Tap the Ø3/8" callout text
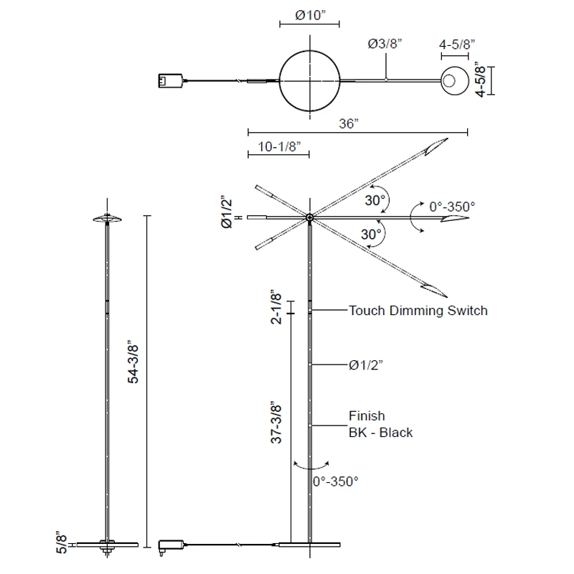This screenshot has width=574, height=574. (385, 44)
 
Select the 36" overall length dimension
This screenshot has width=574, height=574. (349, 123)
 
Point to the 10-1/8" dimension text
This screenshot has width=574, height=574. (278, 146)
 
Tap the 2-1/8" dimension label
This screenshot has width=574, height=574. (278, 307)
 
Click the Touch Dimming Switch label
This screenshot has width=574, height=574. (418, 311)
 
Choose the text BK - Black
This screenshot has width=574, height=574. (380, 433)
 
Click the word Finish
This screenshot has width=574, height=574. (367, 416)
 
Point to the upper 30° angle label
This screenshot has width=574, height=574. (375, 200)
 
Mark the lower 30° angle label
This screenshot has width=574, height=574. (370, 234)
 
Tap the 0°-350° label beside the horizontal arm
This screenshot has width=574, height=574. (452, 207)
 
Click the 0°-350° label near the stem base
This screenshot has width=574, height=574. (335, 481)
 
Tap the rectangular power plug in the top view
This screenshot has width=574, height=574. (171, 81)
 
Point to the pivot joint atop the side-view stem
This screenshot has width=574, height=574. (309, 217)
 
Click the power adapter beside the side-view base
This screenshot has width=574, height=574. (171, 545)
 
